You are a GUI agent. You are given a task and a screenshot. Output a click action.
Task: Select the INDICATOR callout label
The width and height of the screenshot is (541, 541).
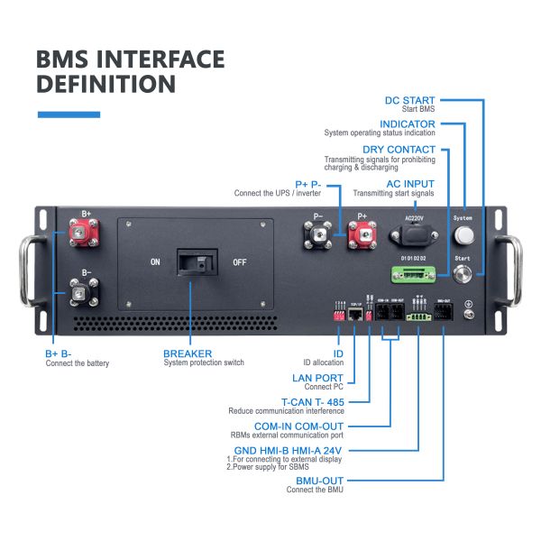pyautogui.click(x=408, y=124)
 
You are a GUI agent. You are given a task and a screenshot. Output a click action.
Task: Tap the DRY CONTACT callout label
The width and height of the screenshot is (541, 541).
pyautogui.click(x=399, y=149)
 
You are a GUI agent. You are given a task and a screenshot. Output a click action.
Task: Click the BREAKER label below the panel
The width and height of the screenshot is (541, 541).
pyautogui.click(x=188, y=354)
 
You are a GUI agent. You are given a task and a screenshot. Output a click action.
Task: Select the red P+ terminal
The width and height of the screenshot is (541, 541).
pyautogui.click(x=362, y=236)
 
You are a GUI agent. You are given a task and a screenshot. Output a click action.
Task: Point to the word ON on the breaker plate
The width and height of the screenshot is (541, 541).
pyautogui.click(x=156, y=263)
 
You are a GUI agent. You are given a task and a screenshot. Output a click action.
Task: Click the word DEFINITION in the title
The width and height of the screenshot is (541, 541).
pyautogui.click(x=105, y=85)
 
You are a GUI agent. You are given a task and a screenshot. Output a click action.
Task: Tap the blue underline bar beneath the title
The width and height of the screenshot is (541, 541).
pyautogui.click(x=69, y=115)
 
